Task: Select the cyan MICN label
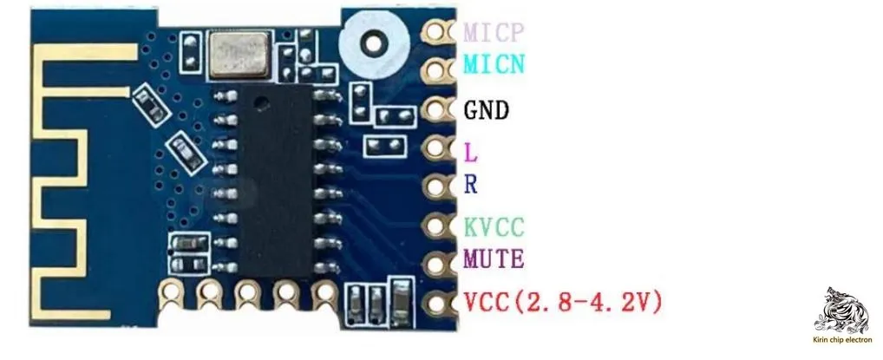(494, 64)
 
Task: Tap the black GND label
(486, 111)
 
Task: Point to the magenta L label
(471, 154)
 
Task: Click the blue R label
(471, 184)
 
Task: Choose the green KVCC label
(494, 227)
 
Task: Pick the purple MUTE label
(494, 259)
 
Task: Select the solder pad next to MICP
(437, 32)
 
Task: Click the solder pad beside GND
(437, 110)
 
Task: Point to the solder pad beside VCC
(437, 303)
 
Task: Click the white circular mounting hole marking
(374, 41)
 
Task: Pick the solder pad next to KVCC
(437, 226)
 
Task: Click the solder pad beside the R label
(437, 185)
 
